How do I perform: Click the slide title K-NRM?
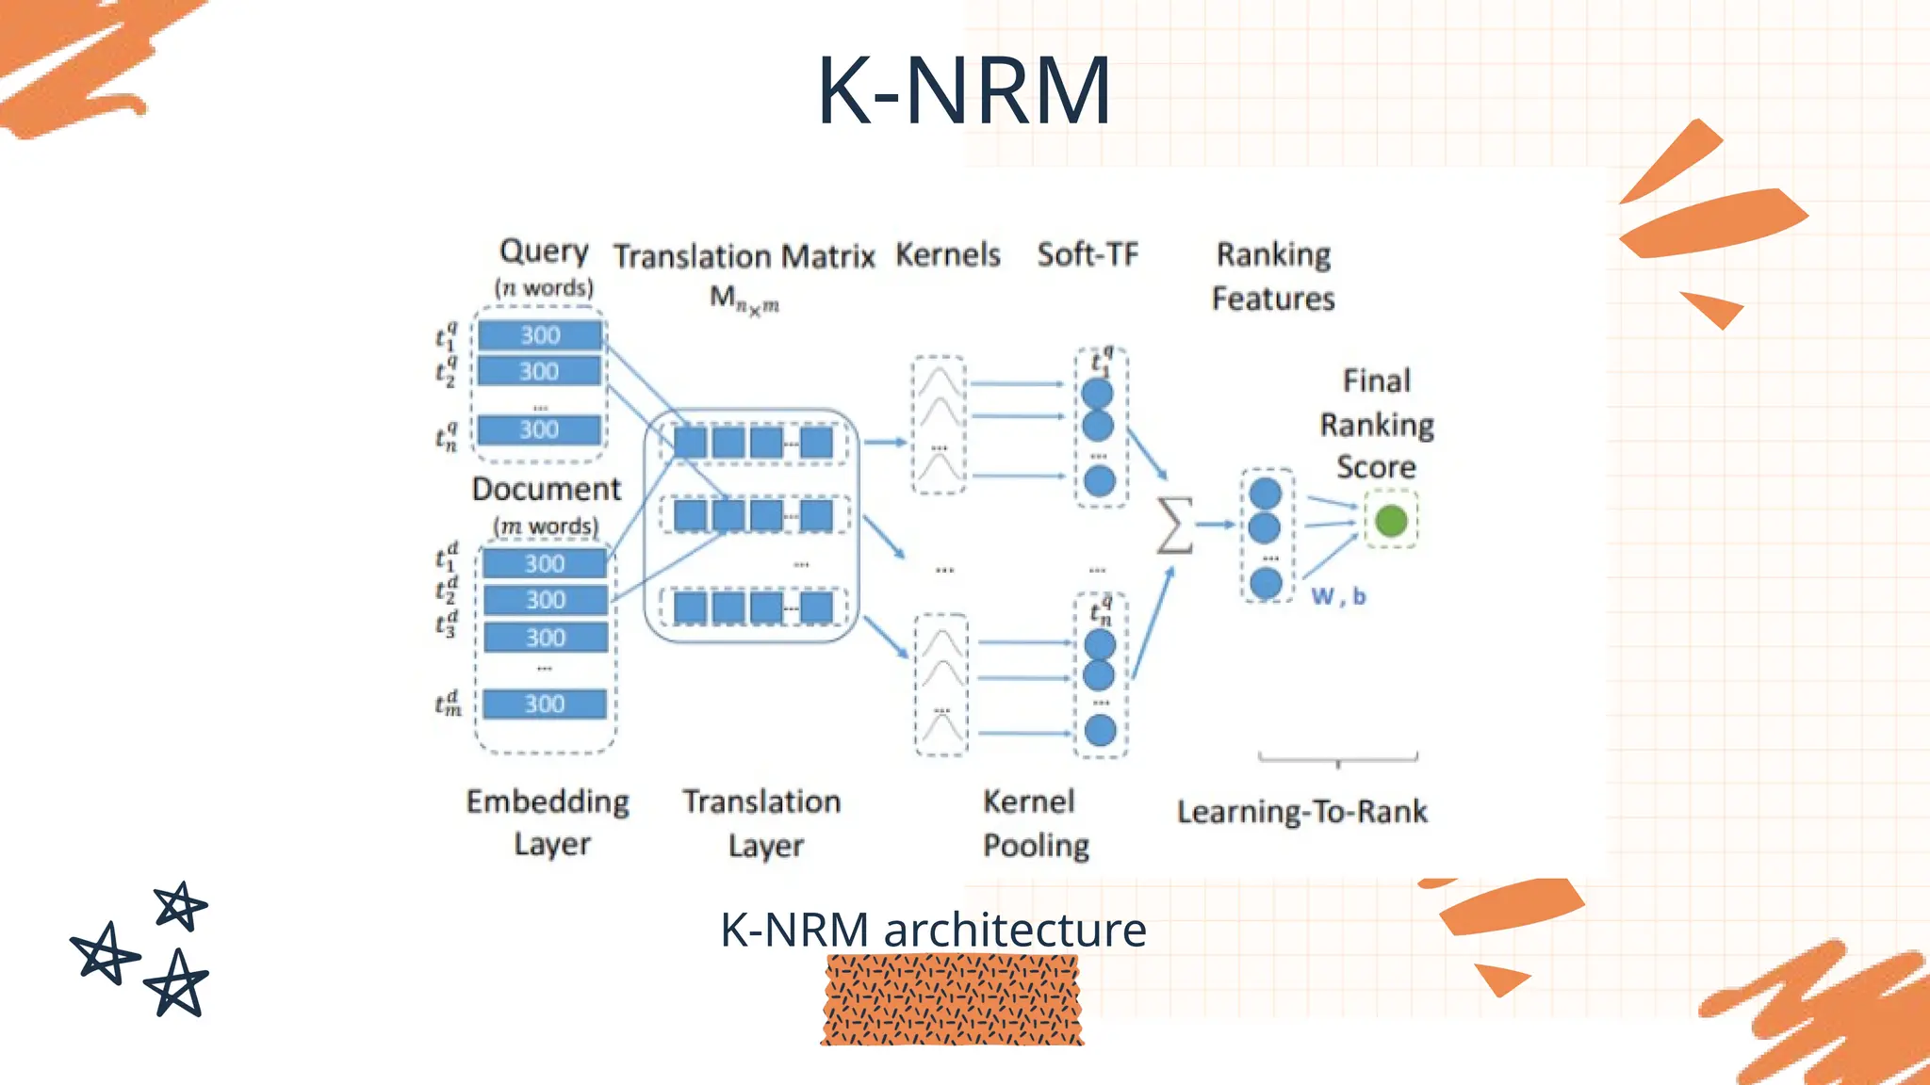[963, 90]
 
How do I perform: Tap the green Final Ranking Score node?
[1391, 521]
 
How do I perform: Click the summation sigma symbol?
[1174, 525]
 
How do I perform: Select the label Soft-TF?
[1088, 254]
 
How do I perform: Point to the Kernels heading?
[947, 254]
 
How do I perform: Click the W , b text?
[1338, 596]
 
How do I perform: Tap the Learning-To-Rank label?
[1301, 811]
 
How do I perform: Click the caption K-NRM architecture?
[933, 930]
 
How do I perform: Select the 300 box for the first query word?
[540, 335]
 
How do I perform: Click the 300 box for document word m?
[545, 704]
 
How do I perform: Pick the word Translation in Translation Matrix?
[692, 256]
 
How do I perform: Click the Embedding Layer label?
[548, 822]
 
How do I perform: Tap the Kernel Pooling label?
[1035, 823]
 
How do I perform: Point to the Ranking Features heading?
[1273, 276]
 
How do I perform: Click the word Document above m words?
[546, 489]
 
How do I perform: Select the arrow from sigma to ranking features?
[1217, 525]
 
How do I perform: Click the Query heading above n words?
[544, 251]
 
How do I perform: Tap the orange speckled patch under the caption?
[952, 1000]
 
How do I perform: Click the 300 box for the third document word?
[546, 638]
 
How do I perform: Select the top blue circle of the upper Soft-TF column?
[1097, 393]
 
